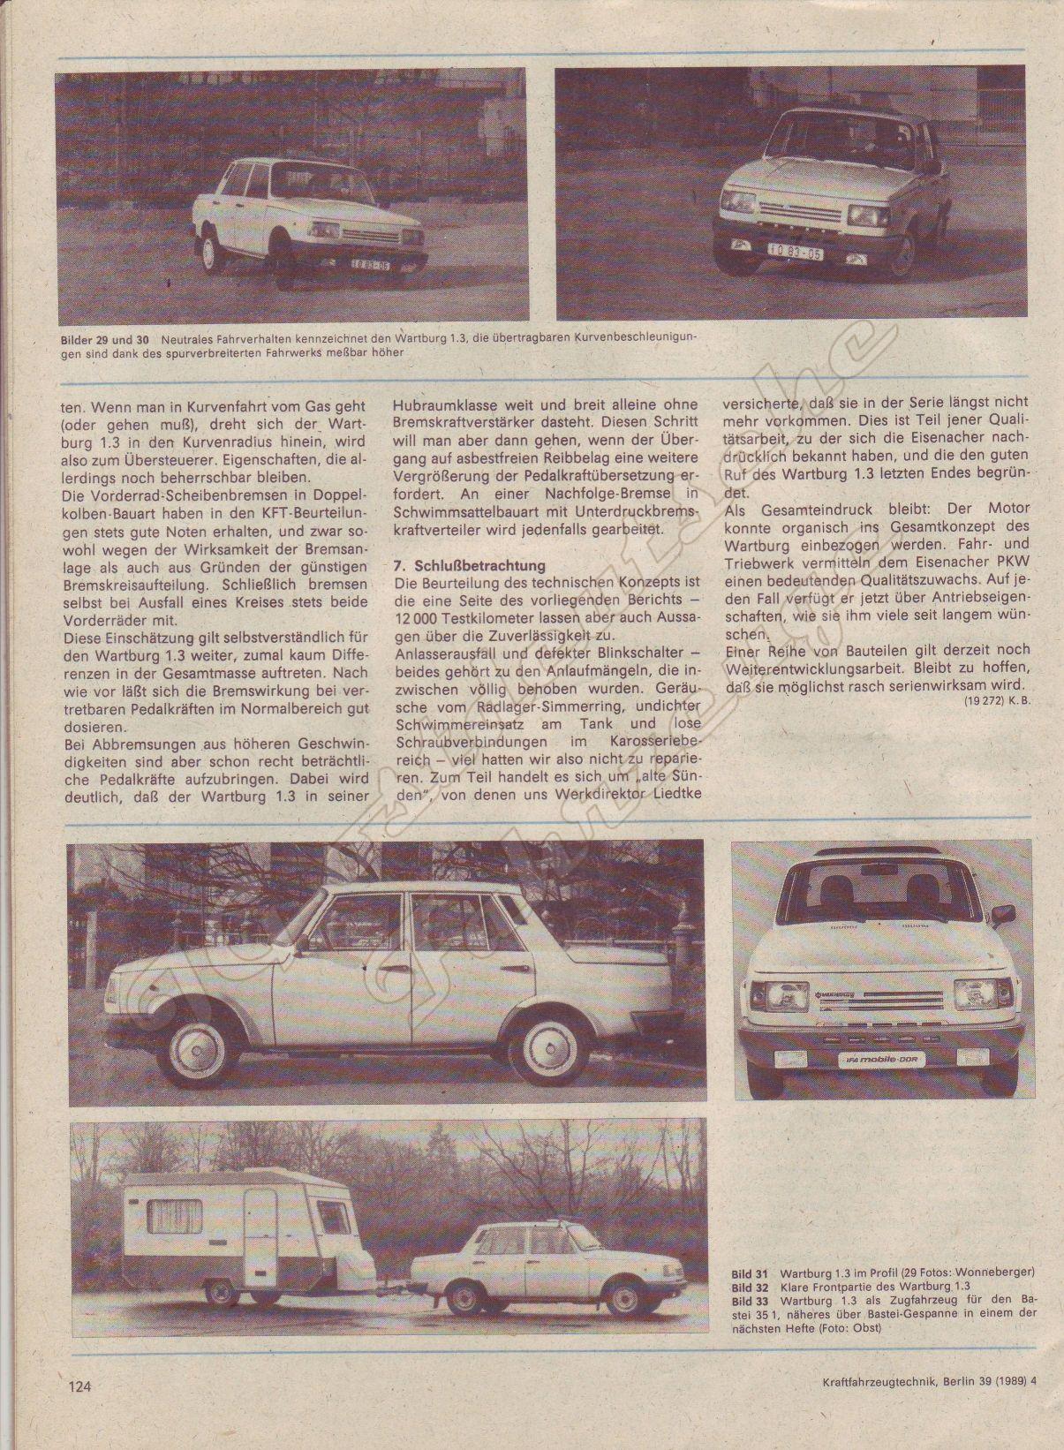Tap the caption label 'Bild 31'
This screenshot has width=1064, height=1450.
tap(749, 1273)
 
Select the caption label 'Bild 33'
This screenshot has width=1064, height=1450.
tap(749, 1300)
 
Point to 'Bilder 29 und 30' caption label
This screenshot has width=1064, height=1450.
tap(105, 339)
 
